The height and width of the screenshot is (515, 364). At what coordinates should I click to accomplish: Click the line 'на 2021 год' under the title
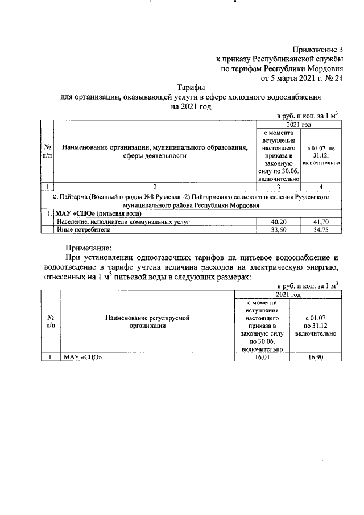(x=191, y=106)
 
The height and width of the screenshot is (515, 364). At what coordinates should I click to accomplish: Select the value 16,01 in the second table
(x=262, y=357)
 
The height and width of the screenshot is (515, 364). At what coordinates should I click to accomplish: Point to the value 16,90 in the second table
(x=315, y=357)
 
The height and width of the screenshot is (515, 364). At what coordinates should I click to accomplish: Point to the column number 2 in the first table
(x=155, y=187)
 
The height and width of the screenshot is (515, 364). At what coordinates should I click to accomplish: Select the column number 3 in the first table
(x=279, y=187)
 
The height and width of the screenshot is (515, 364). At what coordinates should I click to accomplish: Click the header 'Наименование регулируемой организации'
(x=149, y=322)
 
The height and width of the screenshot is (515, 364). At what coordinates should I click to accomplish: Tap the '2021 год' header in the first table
(x=299, y=124)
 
